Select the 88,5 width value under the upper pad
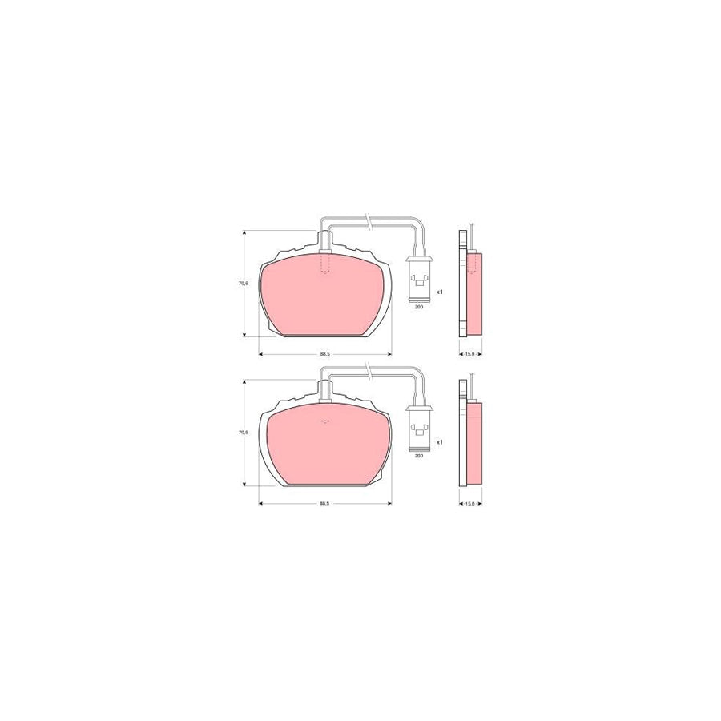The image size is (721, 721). (324, 353)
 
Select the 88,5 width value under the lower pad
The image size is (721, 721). (324, 503)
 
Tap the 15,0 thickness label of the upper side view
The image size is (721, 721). (470, 353)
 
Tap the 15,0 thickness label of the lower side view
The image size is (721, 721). (470, 503)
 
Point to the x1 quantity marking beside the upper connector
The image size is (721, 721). (439, 292)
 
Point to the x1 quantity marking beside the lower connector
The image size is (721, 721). (439, 441)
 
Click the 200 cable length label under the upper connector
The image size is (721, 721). (418, 306)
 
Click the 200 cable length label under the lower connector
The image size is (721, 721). (418, 456)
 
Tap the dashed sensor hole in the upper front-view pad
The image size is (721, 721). (324, 264)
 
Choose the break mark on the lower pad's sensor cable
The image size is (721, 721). (368, 369)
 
